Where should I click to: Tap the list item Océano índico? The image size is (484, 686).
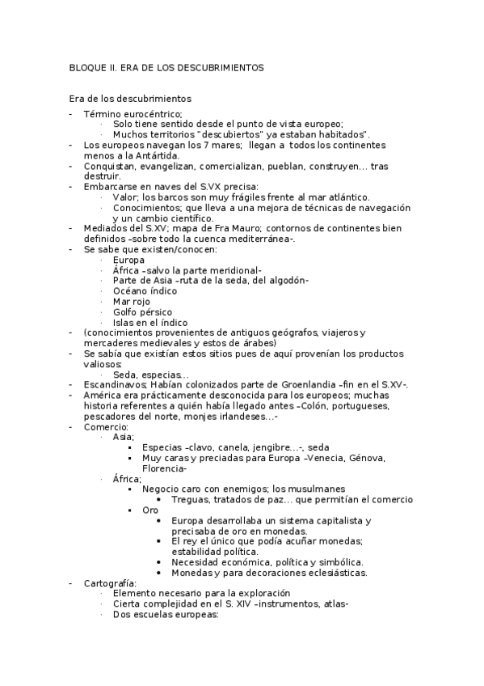click(x=145, y=290)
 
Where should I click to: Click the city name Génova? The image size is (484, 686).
click(x=366, y=458)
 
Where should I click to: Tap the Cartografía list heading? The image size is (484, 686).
click(x=110, y=583)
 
